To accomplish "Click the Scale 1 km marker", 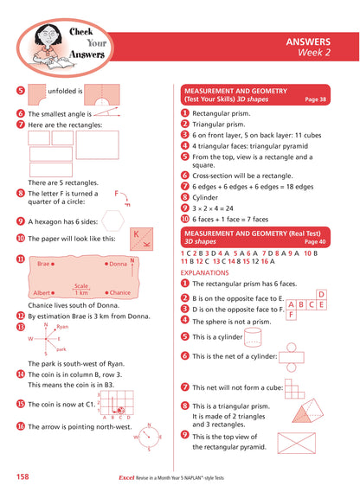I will (81, 289).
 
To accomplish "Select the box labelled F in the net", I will (291, 315).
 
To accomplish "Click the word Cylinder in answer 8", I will (206, 197).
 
